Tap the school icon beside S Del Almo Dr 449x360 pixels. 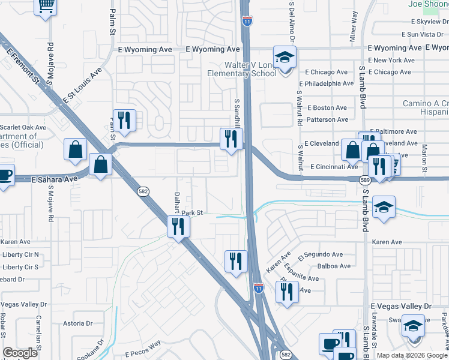(285, 58)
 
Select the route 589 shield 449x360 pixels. (364, 180)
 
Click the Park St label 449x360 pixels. (193, 212)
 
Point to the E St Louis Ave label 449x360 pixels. (81, 88)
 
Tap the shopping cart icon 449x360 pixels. (46, 7)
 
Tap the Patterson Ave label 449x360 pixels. (327, 119)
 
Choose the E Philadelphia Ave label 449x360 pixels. (330, 83)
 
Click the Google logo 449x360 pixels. (20, 353)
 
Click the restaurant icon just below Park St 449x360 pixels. (178, 226)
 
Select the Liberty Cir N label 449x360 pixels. (20, 254)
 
